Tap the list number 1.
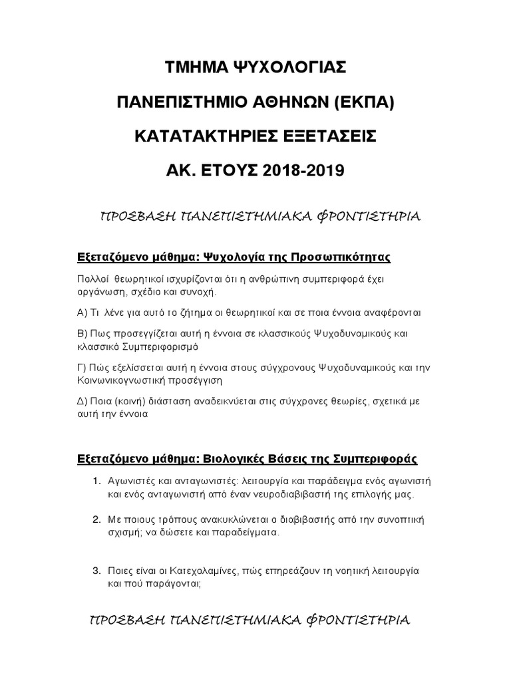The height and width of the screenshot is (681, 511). (x=96, y=481)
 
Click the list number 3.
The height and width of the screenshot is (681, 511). (x=96, y=571)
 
